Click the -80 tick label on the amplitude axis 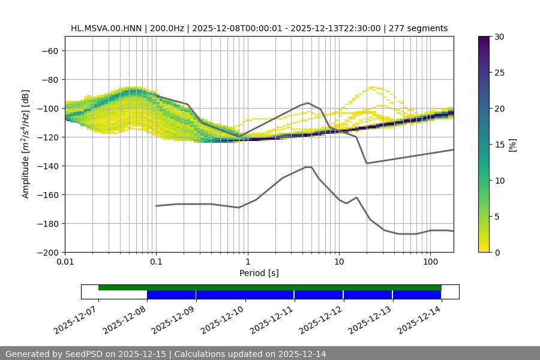[49, 80]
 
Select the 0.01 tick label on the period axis [65, 262]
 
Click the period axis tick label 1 [247, 262]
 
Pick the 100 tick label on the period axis [430, 262]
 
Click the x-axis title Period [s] [259, 273]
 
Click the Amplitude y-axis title [26, 144]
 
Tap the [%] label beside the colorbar [512, 145]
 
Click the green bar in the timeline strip [270, 287]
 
